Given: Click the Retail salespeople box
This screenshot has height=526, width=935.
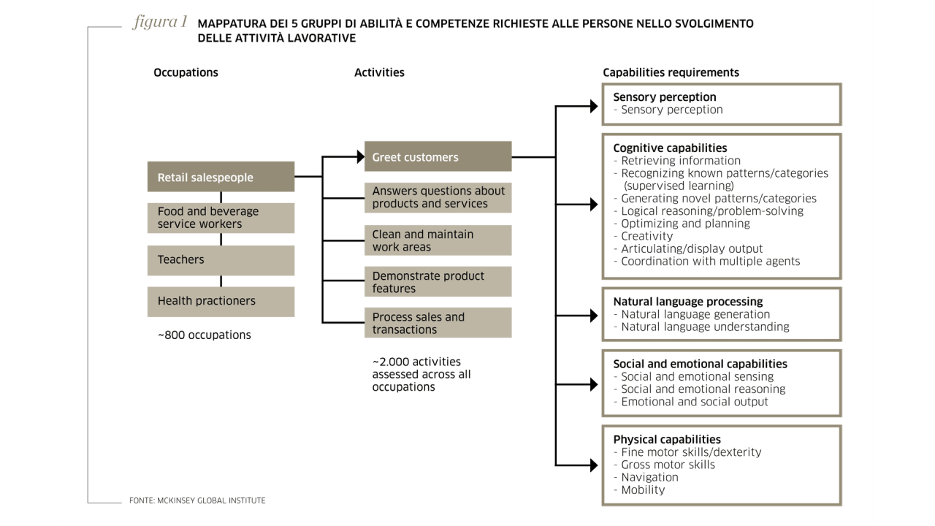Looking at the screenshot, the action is point(221,177).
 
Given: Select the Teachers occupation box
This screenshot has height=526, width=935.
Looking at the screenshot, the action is point(221,260).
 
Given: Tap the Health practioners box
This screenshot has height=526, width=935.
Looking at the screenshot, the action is point(221,302).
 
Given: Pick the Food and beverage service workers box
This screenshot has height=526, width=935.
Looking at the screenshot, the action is point(221,218).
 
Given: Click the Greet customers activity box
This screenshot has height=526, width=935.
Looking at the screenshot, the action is point(438,156).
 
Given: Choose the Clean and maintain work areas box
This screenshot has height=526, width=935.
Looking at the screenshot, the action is point(438,240).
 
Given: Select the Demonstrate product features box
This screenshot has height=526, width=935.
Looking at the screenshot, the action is point(438,281).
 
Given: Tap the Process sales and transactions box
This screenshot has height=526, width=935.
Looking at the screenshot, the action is point(438,323).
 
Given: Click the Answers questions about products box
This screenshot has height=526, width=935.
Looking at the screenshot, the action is point(438,197).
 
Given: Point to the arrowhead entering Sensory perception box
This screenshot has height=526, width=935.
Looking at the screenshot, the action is point(594,107).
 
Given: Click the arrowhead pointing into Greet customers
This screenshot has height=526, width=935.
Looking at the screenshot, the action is point(361,157).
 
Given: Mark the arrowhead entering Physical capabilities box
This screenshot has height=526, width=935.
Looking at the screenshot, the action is point(594,465).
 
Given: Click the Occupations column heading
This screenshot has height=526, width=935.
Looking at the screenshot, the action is point(186,72).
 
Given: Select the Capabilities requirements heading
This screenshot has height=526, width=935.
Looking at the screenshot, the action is point(671,72).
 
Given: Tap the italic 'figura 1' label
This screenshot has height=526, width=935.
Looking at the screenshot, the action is point(160,22).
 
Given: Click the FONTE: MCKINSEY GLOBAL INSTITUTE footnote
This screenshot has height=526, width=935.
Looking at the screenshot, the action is point(197,500).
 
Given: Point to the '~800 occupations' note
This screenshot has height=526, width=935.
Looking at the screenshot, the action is point(204,335).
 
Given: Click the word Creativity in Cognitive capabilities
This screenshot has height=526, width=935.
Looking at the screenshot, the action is point(646,236).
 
